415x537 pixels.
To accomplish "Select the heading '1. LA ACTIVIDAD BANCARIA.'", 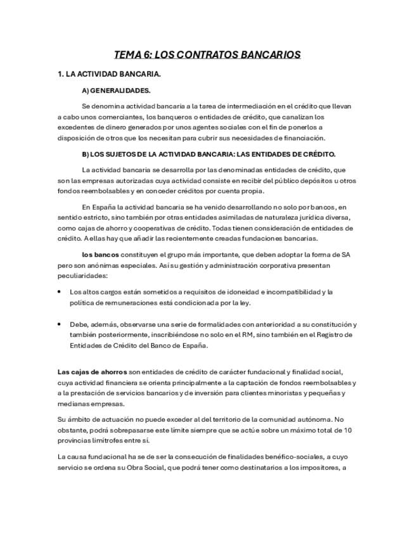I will pos(109,74).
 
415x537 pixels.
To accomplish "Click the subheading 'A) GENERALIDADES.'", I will pos(116,91).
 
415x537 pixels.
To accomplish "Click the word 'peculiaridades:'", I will pos(82,276).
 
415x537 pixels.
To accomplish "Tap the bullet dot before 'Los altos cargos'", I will pos(60,292).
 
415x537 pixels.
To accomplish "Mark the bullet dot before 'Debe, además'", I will pos(60,324).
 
